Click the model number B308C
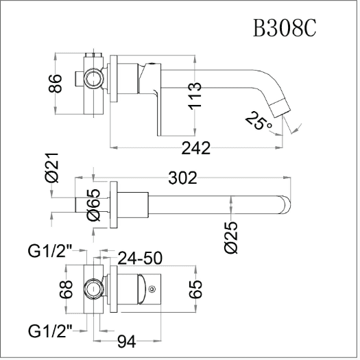tap(285, 28)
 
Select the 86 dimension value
tap(55, 84)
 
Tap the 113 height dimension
tap(195, 96)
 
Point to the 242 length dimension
tap(196, 148)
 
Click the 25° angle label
tap(258, 121)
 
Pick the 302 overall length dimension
tap(183, 178)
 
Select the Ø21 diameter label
tap(52, 168)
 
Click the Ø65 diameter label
tap(94, 205)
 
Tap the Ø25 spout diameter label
tap(231, 238)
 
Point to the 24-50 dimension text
tap(140, 258)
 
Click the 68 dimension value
tap(66, 289)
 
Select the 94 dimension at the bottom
tap(126, 342)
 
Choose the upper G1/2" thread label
tap(50, 251)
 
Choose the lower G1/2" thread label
tap(50, 331)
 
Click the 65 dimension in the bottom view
tap(195, 289)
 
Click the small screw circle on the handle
tap(152, 289)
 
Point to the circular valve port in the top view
tap(93, 78)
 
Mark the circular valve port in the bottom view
tap(93, 289)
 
